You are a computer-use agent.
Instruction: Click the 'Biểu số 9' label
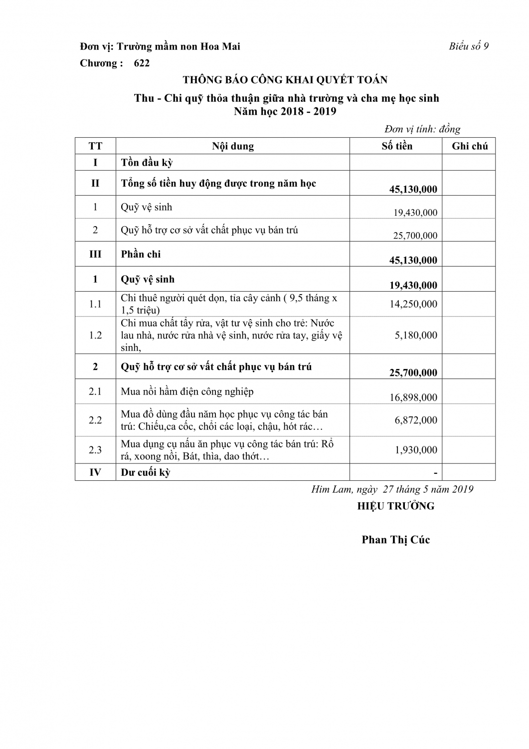[468, 46]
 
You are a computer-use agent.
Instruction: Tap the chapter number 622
[142, 63]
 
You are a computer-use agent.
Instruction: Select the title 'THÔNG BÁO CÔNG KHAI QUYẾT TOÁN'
[285, 79]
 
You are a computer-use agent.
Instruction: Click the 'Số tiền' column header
[397, 146]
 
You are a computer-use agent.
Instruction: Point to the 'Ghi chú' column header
[470, 146]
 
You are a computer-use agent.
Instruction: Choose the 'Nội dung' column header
[233, 146]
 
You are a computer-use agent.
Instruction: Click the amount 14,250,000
[415, 304]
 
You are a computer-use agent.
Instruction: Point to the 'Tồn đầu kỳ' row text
[147, 162]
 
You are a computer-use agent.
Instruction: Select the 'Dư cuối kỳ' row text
[146, 472]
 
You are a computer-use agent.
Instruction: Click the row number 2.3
[95, 450]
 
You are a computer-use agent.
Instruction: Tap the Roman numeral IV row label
[95, 472]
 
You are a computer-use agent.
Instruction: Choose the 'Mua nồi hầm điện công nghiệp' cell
[187, 391]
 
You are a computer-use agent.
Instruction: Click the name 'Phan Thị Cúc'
[396, 540]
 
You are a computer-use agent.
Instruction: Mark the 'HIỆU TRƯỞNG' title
[396, 506]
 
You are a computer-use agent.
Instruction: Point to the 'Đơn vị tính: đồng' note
[422, 129]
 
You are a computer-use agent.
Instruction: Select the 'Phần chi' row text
[141, 254]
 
